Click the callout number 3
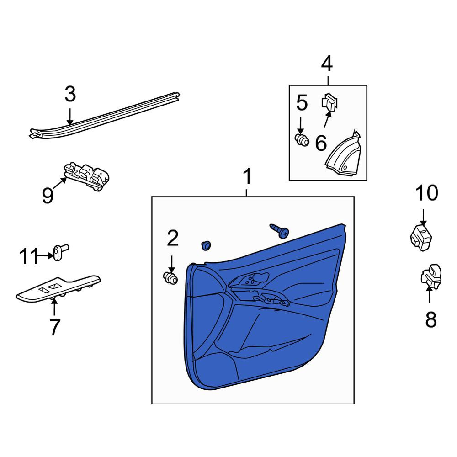pyautogui.click(x=70, y=94)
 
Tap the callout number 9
pyautogui.click(x=48, y=195)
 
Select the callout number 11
pyautogui.click(x=29, y=256)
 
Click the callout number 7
pyautogui.click(x=55, y=327)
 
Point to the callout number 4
pyautogui.click(x=327, y=64)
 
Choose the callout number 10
pyautogui.click(x=427, y=193)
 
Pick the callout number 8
pyautogui.click(x=431, y=319)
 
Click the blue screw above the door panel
pyautogui.click(x=280, y=230)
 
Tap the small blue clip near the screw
pyautogui.click(x=207, y=245)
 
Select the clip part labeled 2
pyautogui.click(x=170, y=278)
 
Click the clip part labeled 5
pyautogui.click(x=302, y=139)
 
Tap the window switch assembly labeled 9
pyautogui.click(x=86, y=176)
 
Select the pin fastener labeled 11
pyautogui.click(x=61, y=252)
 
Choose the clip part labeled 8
pyautogui.click(x=431, y=277)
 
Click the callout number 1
pyautogui.click(x=247, y=176)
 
